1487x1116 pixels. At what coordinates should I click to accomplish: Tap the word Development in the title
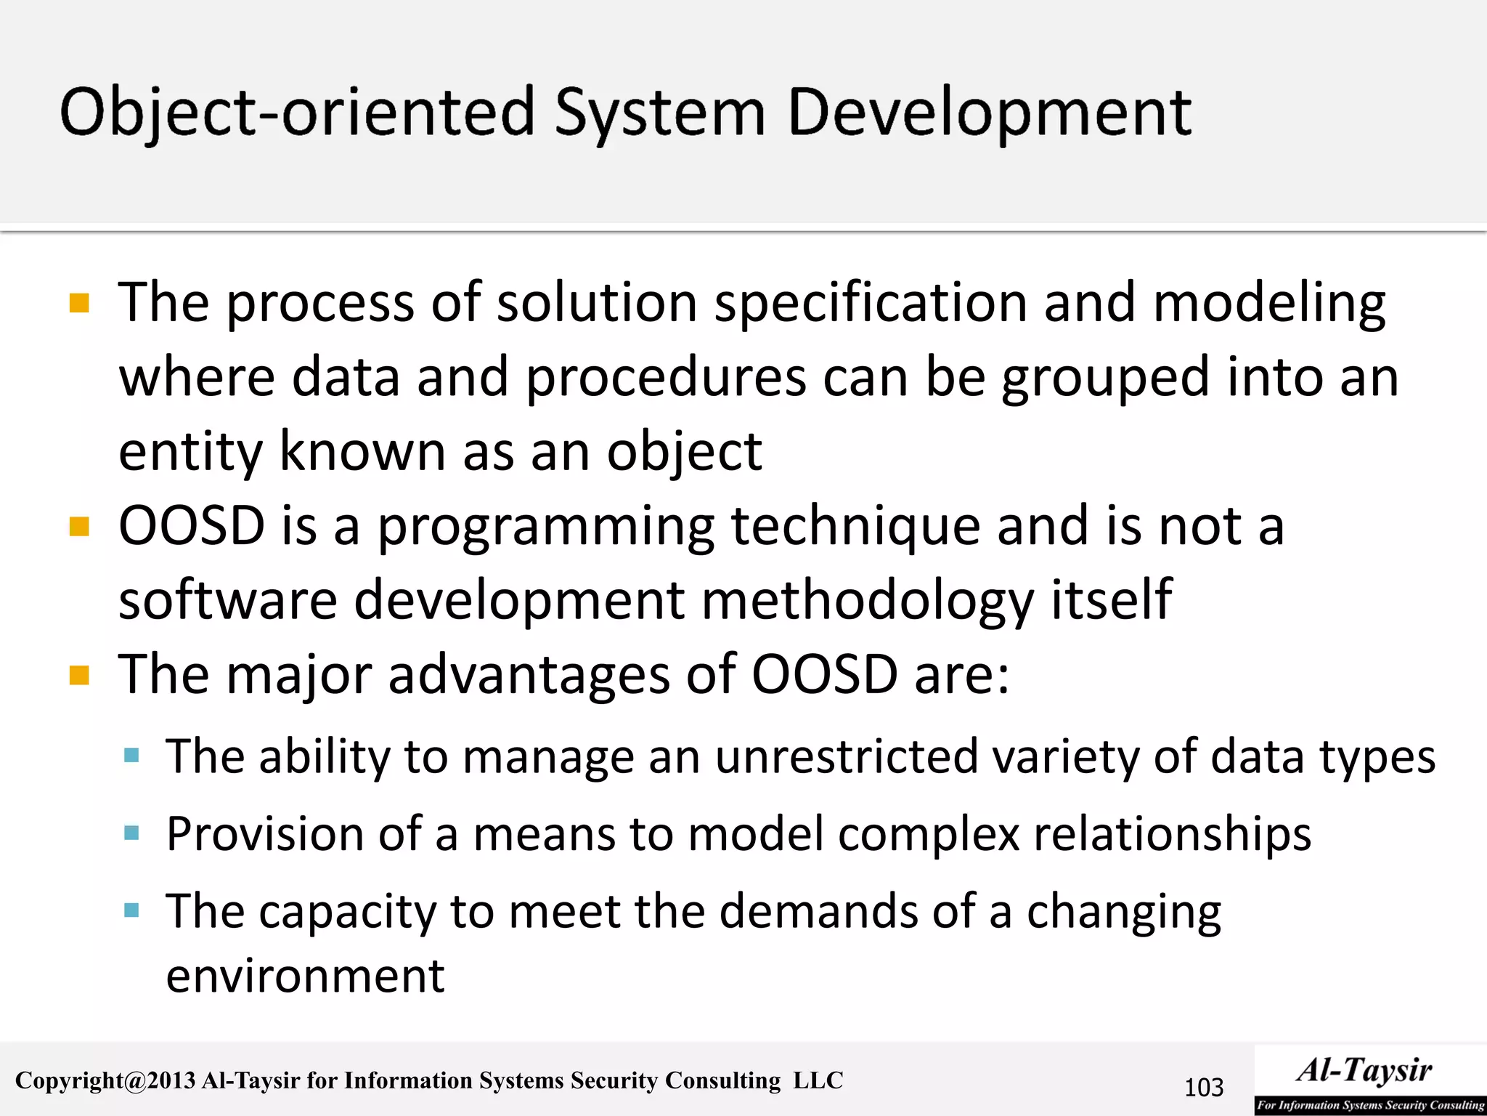[x=989, y=113]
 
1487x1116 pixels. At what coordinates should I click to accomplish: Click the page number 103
[x=1203, y=1088]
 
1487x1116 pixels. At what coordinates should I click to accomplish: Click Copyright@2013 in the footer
[x=105, y=1080]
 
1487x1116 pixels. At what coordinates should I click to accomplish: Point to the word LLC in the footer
[x=818, y=1080]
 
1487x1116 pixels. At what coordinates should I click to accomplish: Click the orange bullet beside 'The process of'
[x=79, y=302]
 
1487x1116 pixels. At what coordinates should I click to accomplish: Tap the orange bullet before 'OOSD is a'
[x=79, y=526]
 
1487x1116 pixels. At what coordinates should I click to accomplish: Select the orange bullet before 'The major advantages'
[x=79, y=676]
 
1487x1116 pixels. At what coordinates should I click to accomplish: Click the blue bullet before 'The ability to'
[x=131, y=756]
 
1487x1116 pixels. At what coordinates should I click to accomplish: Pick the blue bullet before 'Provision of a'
[x=131, y=833]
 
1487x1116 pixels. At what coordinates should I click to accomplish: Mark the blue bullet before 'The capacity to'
[x=131, y=910]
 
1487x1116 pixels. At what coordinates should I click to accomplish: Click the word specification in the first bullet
[x=870, y=304]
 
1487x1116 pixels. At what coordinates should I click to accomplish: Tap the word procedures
[x=665, y=378]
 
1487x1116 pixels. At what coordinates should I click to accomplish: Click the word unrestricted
[x=846, y=757]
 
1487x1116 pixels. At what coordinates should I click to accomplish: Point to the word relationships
[x=1172, y=834]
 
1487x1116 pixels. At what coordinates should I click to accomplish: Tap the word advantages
[x=529, y=676]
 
